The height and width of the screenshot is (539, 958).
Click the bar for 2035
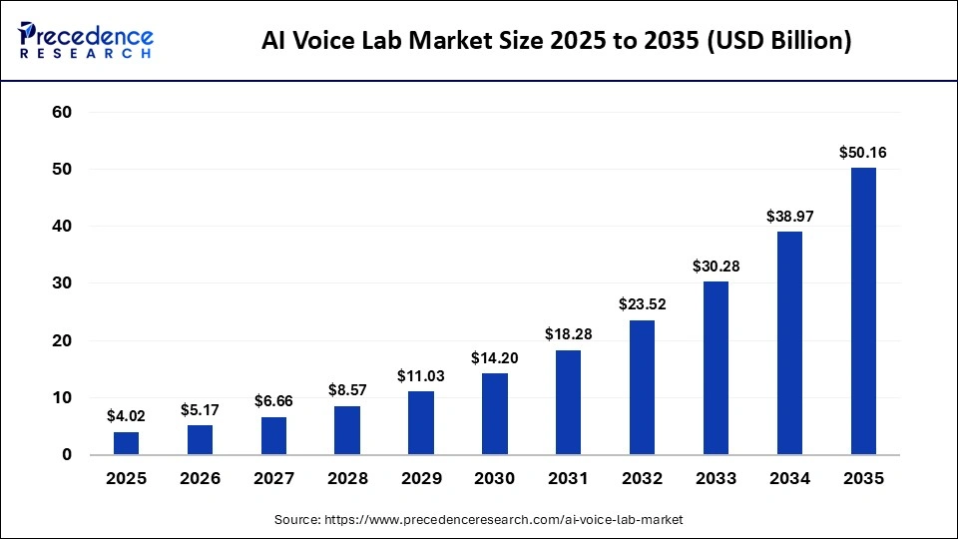863,311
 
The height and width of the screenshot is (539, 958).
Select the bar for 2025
127,443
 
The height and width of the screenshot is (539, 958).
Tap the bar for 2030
495,414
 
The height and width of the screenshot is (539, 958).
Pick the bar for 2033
716,368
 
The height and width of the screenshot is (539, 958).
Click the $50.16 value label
863,153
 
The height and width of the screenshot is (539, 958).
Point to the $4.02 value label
127,416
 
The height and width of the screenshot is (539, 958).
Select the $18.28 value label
569,334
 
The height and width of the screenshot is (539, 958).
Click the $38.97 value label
789,216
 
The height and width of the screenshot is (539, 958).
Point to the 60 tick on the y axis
61,113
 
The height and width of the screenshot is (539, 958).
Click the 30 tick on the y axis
61,283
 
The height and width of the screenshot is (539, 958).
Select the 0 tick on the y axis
67,455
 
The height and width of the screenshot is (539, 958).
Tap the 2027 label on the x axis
273,479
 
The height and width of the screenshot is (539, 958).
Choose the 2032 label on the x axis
642,479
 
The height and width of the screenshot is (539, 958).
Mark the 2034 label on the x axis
789,479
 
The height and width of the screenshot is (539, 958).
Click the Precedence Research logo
86,41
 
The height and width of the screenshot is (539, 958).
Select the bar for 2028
347,430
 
